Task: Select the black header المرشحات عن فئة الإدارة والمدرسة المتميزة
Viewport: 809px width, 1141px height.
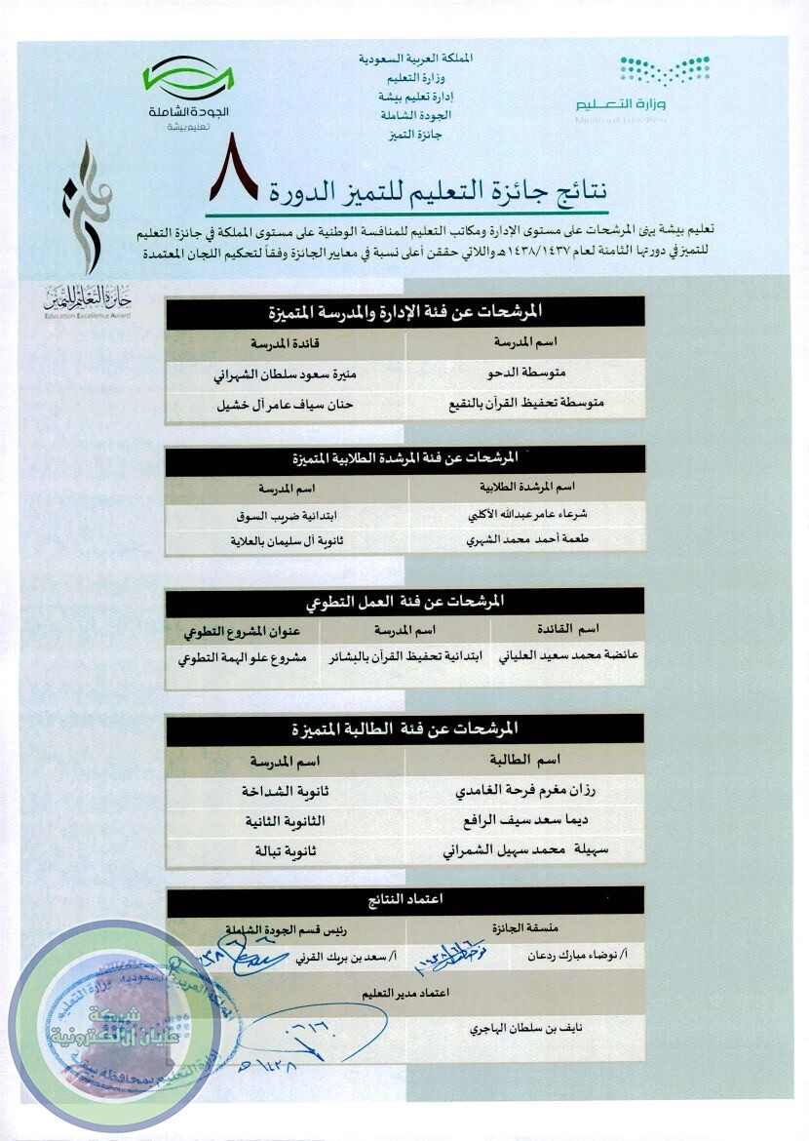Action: coord(404,312)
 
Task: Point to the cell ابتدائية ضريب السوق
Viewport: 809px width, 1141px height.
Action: coord(287,514)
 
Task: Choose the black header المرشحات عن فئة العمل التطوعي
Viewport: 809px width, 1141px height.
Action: coord(404,602)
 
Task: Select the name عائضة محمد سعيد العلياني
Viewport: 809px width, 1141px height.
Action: coord(568,657)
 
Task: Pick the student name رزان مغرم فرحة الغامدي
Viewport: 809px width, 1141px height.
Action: coord(524,791)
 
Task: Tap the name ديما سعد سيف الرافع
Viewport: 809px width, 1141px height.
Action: coord(524,821)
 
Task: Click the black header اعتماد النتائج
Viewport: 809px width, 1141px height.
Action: coord(404,899)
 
